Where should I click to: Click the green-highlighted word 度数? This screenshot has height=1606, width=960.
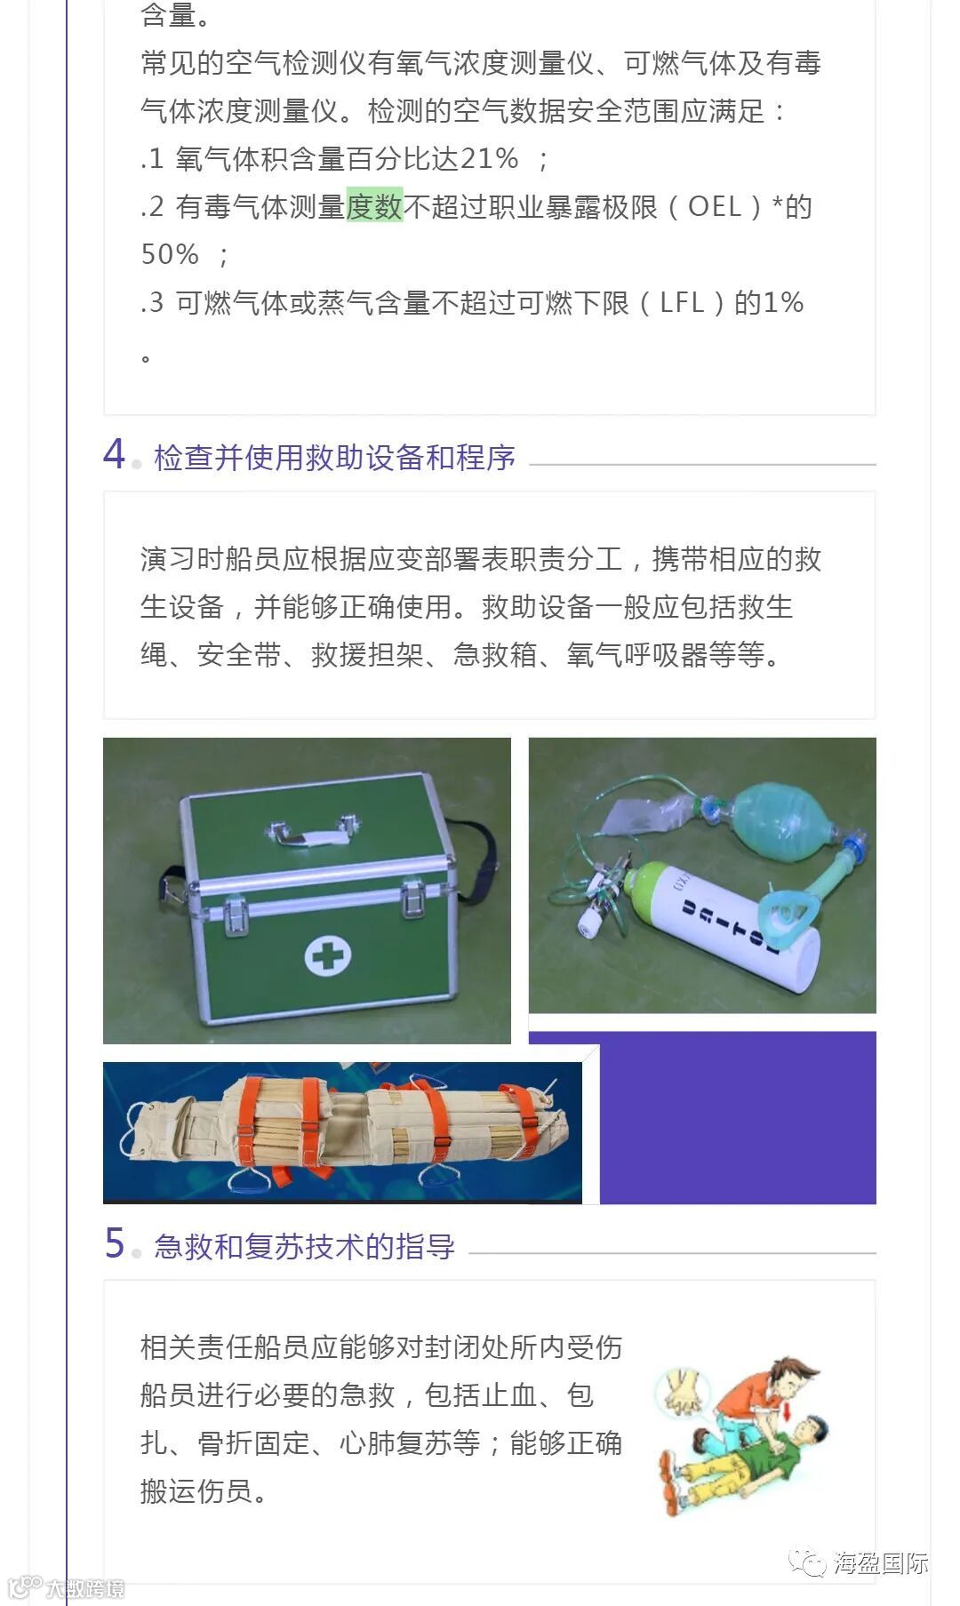pyautogui.click(x=374, y=206)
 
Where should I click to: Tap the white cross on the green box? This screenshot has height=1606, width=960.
pyautogui.click(x=328, y=955)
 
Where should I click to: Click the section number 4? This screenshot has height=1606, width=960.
pyautogui.click(x=114, y=454)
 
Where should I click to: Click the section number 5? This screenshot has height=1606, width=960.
pyautogui.click(x=115, y=1243)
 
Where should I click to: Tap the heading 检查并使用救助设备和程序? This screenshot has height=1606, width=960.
pyautogui.click(x=334, y=457)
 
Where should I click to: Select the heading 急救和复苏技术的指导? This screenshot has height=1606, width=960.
pyautogui.click(x=304, y=1246)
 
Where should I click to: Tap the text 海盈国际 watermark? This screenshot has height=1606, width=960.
pyautogui.click(x=880, y=1562)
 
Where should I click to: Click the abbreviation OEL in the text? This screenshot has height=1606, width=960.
pyautogui.click(x=716, y=206)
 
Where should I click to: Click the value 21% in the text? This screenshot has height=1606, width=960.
pyautogui.click(x=489, y=158)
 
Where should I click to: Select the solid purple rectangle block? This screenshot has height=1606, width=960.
pyautogui.click(x=738, y=1117)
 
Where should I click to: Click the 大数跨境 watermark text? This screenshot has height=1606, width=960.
pyautogui.click(x=85, y=1587)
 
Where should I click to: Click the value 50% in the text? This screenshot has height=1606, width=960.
pyautogui.click(x=170, y=254)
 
